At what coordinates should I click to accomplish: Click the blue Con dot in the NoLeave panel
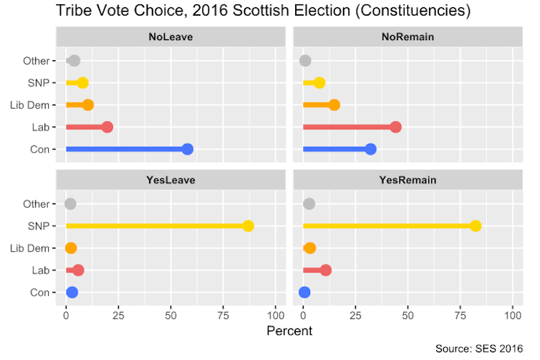(188, 149)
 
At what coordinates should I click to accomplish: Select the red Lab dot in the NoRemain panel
(395, 127)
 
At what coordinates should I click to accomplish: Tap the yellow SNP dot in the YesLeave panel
(248, 226)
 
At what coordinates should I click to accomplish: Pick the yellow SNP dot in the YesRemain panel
(476, 226)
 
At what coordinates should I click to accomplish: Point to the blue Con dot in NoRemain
(370, 149)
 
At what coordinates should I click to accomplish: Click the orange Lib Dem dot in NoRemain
(334, 105)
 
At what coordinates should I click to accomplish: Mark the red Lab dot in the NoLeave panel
(107, 127)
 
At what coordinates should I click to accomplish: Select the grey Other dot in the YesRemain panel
(309, 204)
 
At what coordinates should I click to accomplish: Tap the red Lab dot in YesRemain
(326, 270)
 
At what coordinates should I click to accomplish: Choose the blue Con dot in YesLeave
(72, 292)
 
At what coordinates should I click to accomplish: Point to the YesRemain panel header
(408, 180)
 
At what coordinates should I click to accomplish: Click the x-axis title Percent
(289, 331)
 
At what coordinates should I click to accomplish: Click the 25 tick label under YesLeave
(118, 314)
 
